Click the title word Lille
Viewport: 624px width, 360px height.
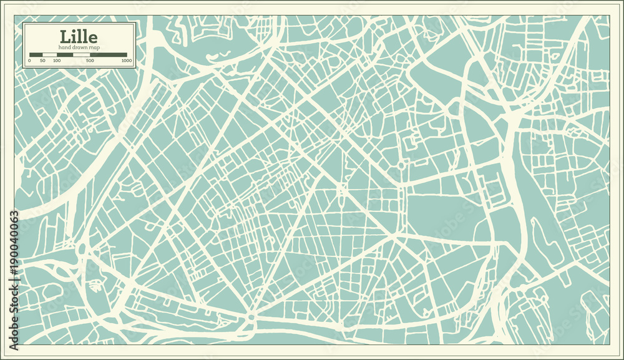coord(79,36)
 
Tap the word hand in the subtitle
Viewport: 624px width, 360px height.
coord(66,48)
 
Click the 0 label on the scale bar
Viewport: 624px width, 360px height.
coord(30,61)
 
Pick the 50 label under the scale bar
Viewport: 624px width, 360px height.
coord(42,61)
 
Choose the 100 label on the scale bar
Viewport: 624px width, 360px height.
coord(57,61)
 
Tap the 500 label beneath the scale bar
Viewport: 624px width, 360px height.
coord(90,61)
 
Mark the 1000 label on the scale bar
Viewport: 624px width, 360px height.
coord(127,61)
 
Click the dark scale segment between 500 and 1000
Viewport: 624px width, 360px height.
coord(109,55)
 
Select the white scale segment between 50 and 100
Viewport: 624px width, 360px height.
coord(50,55)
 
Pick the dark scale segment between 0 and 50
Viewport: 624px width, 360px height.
coord(36,55)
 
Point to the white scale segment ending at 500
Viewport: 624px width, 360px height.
coord(82,55)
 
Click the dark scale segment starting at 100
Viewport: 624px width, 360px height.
coord(65,55)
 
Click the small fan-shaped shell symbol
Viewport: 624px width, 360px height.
coord(95,286)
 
